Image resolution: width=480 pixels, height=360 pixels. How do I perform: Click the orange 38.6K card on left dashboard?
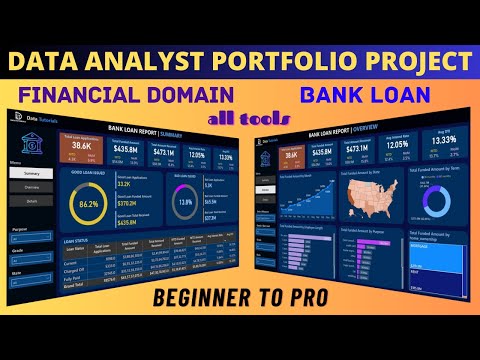point(82,148)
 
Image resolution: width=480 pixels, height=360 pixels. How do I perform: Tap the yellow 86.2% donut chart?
point(89,203)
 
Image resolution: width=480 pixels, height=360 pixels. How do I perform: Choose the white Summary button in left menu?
point(32,173)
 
